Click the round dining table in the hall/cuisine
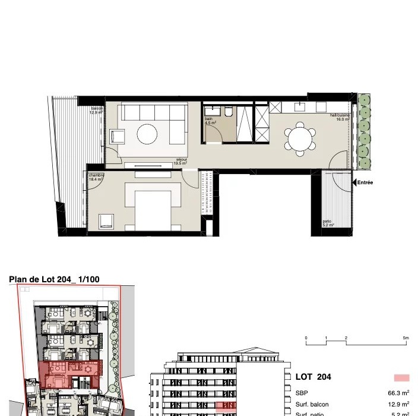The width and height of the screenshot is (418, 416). tap(300, 140)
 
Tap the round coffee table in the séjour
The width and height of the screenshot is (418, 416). tap(147, 134)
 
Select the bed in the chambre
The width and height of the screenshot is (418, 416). tap(151, 205)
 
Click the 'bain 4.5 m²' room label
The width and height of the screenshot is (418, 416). tap(210, 121)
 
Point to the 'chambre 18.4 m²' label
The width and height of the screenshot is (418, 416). tap(96, 177)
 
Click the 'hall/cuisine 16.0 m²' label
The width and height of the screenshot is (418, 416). tap(340, 117)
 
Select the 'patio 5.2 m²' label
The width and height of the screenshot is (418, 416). tap(328, 223)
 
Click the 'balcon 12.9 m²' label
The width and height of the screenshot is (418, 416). tap(96, 110)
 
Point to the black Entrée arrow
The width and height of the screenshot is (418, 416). tap(354, 182)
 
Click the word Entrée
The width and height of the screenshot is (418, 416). tap(366, 182)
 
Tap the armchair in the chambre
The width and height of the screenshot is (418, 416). tap(106, 221)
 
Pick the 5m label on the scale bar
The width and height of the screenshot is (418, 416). tap(406, 338)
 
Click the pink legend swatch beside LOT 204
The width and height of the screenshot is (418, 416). tap(401, 377)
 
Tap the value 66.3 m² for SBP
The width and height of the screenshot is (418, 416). tap(398, 393)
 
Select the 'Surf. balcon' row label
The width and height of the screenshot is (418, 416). tap(312, 404)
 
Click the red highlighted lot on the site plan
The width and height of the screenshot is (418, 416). tap(71, 374)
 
